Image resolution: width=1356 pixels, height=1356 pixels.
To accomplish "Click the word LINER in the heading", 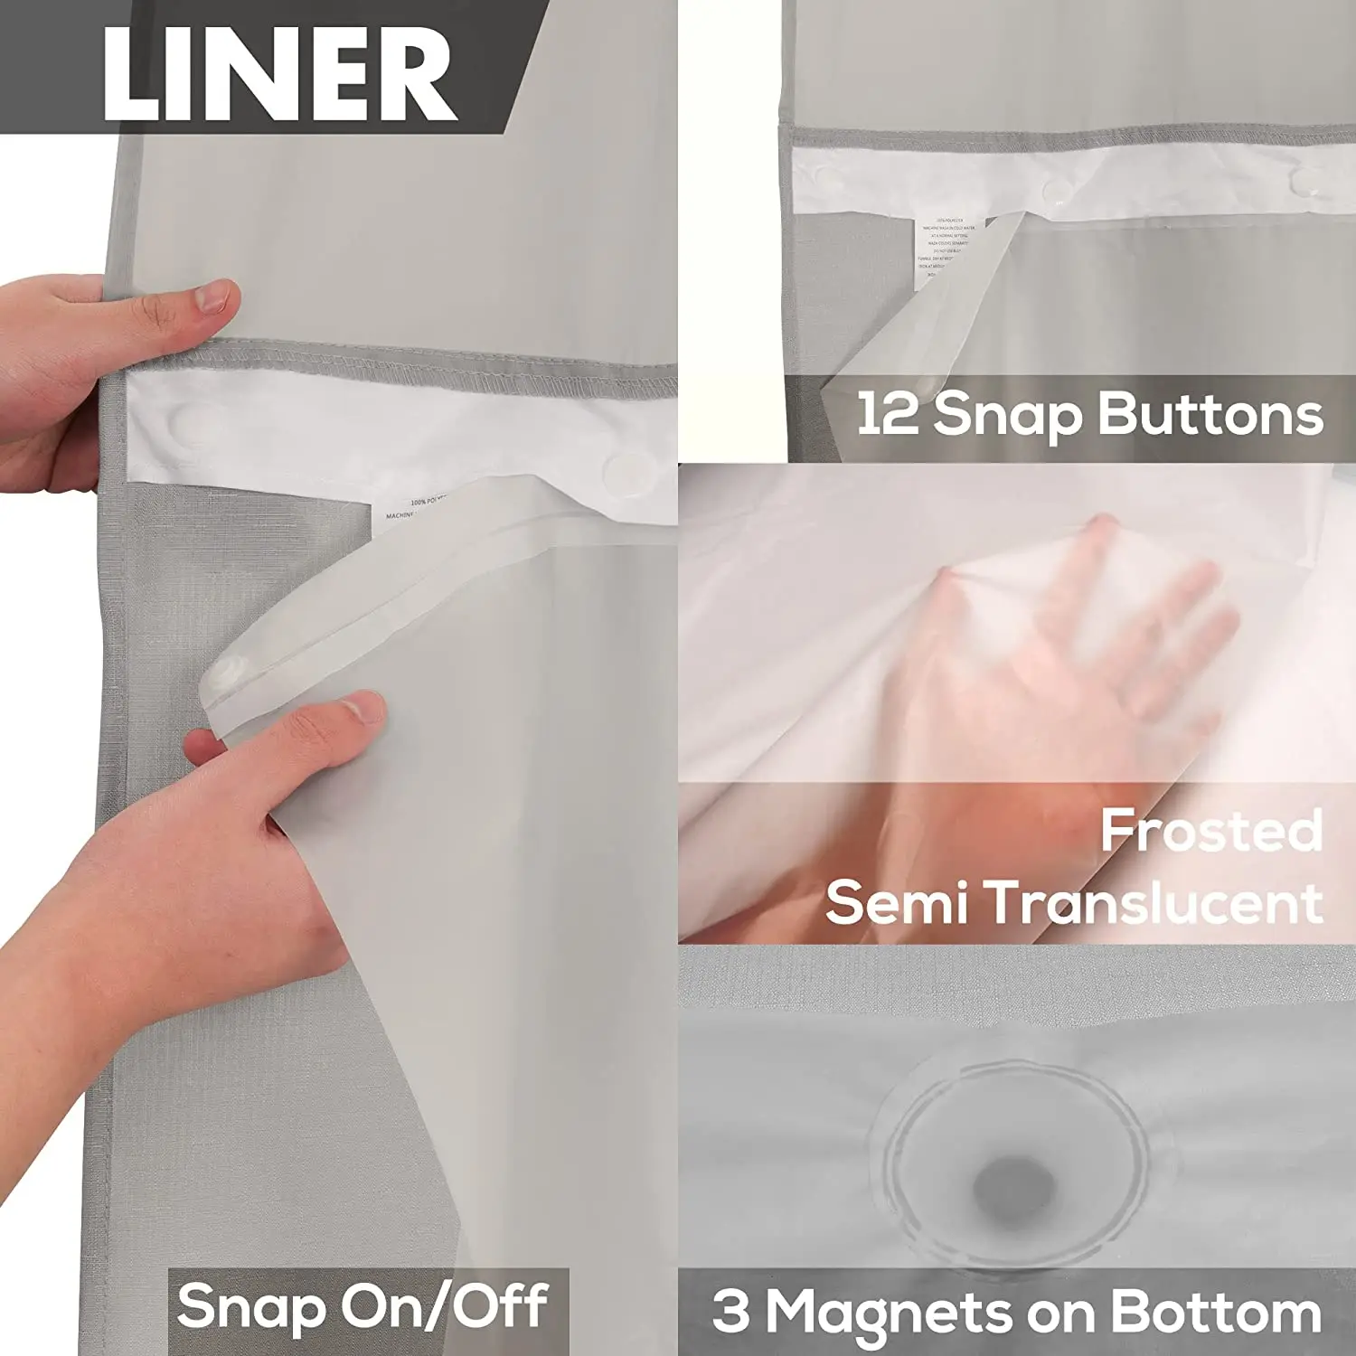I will [x=278, y=74].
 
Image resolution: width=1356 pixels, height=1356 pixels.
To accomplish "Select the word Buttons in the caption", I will [x=1210, y=415].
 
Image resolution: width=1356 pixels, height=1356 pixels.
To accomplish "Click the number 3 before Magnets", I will [x=730, y=1311].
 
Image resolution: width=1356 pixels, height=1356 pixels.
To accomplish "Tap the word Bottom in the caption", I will [x=1215, y=1311].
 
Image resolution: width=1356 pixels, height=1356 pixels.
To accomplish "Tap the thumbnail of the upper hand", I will [x=214, y=296].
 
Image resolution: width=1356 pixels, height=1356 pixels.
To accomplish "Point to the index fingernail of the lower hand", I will [x=364, y=707].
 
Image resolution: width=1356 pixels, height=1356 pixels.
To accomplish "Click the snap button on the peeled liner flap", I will [x=226, y=673].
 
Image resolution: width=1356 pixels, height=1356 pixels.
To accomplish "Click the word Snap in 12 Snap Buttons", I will [x=1007, y=415].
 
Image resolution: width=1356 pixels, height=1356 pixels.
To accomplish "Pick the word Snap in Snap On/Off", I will [x=250, y=1306].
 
